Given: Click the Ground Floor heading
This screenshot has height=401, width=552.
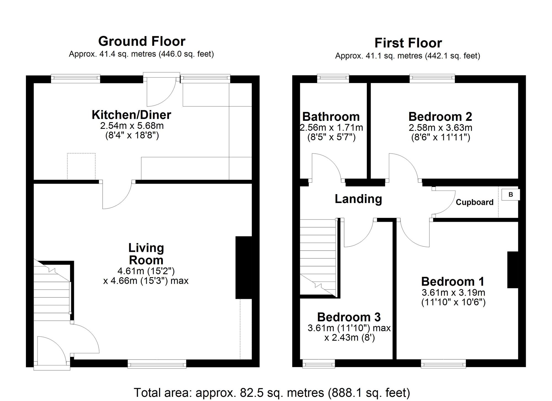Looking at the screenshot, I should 142,41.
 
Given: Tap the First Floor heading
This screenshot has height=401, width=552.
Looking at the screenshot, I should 408,43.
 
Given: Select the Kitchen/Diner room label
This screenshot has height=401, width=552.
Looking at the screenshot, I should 131,115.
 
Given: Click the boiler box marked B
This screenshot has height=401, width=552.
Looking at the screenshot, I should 510,194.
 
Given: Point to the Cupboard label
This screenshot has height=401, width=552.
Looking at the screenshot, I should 474,202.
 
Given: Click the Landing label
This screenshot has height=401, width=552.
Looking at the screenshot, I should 358,199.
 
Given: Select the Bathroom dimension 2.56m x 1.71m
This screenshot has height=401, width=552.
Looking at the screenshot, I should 331,128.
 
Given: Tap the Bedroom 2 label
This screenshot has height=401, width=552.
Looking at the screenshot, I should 440,117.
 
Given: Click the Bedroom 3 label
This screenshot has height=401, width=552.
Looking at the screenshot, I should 349,317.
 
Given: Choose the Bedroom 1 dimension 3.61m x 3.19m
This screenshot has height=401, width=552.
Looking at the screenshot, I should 453,292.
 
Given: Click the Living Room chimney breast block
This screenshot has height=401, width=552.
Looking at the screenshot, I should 243,267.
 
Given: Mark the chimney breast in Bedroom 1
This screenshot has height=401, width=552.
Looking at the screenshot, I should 513,270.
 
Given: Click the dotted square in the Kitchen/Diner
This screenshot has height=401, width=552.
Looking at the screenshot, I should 81,166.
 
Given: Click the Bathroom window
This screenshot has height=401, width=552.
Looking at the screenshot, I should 333,79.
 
